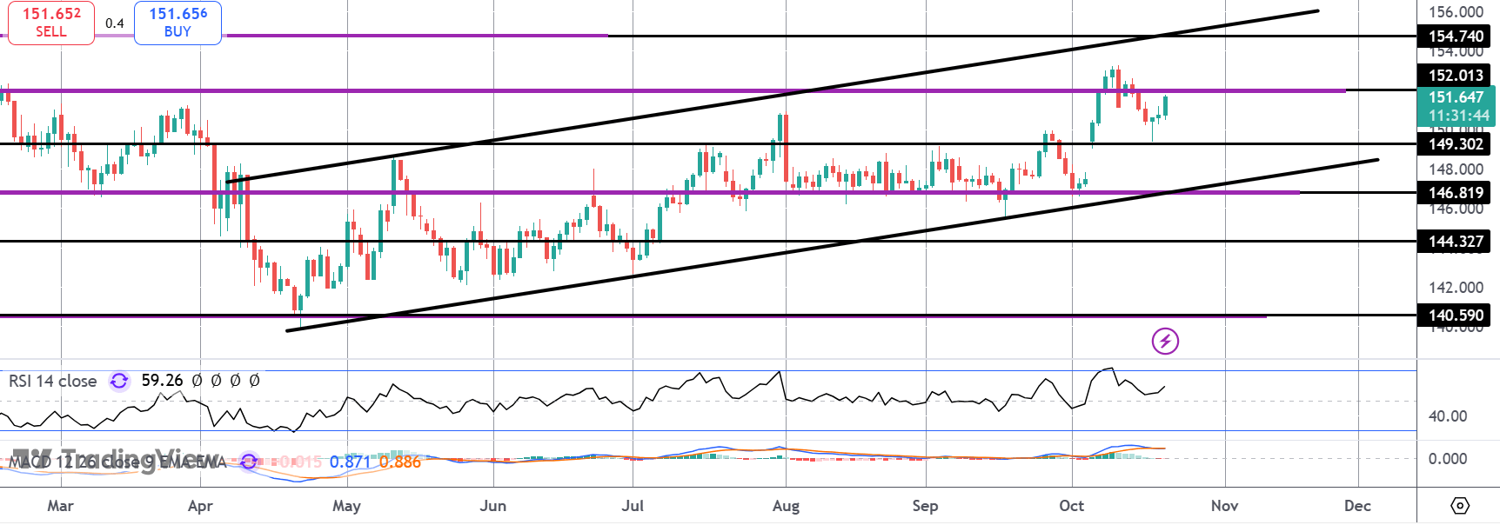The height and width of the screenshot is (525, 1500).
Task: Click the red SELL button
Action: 50,23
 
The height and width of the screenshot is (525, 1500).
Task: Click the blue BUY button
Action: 177,23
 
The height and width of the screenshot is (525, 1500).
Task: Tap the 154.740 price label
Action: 1456,37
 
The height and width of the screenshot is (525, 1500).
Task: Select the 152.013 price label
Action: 1456,76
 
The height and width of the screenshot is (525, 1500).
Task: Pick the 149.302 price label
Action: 1456,144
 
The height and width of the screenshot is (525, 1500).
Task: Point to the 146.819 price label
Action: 1456,193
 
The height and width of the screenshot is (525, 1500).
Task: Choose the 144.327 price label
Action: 1456,242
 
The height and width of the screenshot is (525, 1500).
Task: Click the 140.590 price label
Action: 1456,316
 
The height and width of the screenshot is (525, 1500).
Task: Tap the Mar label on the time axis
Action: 60,506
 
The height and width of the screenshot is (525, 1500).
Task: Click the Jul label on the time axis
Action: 633,506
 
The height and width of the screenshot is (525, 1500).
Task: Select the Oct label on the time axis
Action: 1071,506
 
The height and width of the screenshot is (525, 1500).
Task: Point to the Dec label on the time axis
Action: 1357,506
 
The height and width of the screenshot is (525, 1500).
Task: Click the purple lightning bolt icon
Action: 1165,342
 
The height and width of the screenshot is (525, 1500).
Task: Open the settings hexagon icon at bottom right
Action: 1460,506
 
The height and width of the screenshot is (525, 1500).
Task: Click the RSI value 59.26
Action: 162,381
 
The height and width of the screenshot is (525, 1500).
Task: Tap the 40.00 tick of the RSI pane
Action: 1447,416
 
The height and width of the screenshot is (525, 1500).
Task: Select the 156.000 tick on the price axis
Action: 1456,12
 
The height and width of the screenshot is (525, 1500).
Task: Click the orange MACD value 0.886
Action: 400,462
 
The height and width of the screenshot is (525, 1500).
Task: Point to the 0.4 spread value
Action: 115,23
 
